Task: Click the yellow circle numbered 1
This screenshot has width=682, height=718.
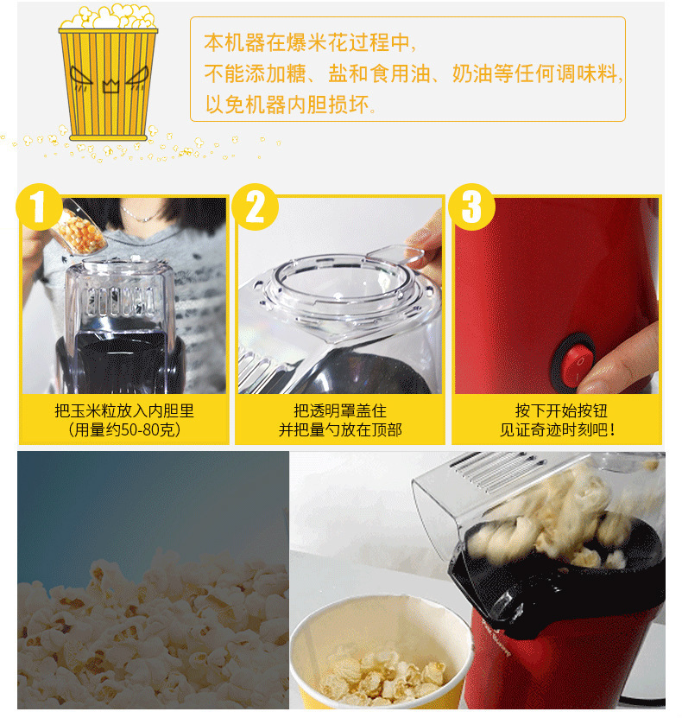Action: tap(39, 207)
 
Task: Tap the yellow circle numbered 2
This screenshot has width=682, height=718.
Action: tap(255, 207)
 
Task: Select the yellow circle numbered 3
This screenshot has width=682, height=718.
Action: tap(471, 207)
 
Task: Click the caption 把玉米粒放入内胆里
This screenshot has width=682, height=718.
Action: tap(124, 410)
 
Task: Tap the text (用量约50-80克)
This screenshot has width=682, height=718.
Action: tap(124, 429)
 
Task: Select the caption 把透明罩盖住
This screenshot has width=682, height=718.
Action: tap(340, 410)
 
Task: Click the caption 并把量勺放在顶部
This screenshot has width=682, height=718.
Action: tap(340, 429)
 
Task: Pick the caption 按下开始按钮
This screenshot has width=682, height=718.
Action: tap(561, 410)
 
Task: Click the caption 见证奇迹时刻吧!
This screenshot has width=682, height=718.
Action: tap(558, 429)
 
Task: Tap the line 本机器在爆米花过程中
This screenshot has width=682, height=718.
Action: tap(311, 42)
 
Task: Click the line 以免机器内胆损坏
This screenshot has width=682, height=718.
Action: tap(291, 105)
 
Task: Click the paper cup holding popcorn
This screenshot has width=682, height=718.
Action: tap(380, 655)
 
